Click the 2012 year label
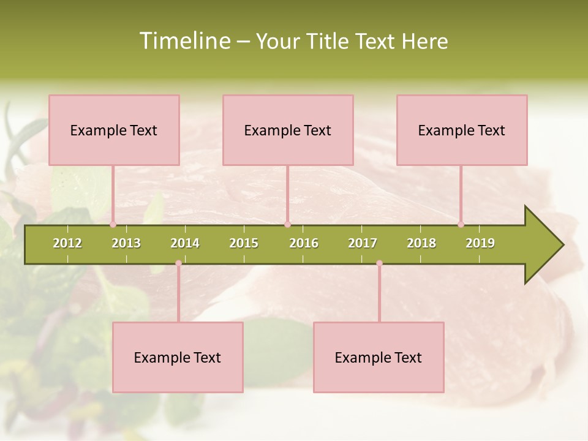67,243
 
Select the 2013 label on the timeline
126,243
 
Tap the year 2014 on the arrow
185,243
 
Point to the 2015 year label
244,243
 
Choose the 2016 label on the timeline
304,243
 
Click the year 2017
363,243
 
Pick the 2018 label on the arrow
421,243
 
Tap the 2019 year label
480,243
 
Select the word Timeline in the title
184,41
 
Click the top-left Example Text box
114,130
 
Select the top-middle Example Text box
288,130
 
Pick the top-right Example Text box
462,130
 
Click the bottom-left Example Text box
178,357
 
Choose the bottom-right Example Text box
379,357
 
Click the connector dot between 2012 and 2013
113,225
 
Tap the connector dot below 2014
178,263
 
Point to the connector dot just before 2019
461,225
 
